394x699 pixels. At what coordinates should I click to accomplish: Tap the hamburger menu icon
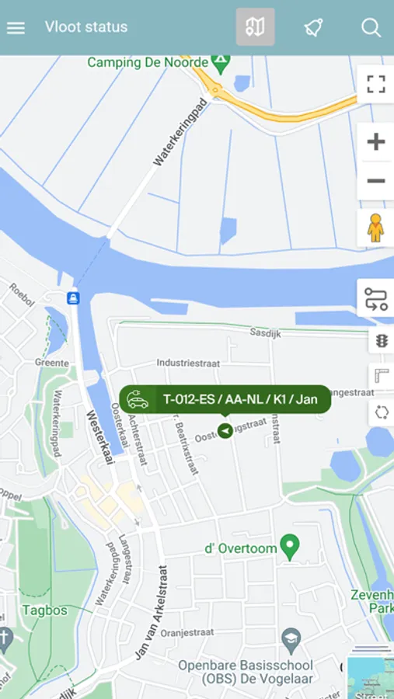[16, 27]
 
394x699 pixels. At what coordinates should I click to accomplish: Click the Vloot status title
[86, 27]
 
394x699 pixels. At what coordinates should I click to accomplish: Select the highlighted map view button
[255, 27]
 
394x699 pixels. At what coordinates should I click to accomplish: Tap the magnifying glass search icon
[371, 27]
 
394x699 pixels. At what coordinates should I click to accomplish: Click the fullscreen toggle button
[376, 84]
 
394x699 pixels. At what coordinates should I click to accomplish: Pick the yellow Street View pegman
[376, 228]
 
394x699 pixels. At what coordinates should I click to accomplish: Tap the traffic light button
[381, 340]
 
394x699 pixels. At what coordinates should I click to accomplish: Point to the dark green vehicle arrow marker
[225, 430]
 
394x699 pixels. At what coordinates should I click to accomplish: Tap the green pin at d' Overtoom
[290, 546]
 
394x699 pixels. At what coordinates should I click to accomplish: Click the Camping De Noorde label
[148, 62]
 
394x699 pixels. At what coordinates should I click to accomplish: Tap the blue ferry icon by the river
[73, 297]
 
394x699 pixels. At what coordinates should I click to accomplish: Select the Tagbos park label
[44, 610]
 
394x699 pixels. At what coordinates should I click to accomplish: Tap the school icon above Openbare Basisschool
[290, 638]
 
